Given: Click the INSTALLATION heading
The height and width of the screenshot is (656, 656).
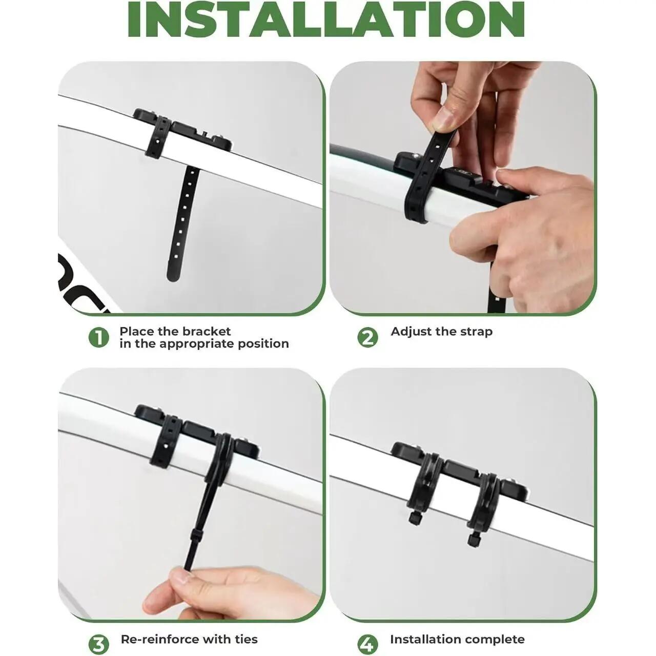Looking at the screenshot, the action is pos(326,19).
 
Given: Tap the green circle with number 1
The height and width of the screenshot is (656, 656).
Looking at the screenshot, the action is pos(99,338).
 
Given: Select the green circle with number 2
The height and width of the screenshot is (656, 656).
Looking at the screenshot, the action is pos(367,338).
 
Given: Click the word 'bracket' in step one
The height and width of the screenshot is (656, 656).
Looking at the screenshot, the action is pos(207,331).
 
